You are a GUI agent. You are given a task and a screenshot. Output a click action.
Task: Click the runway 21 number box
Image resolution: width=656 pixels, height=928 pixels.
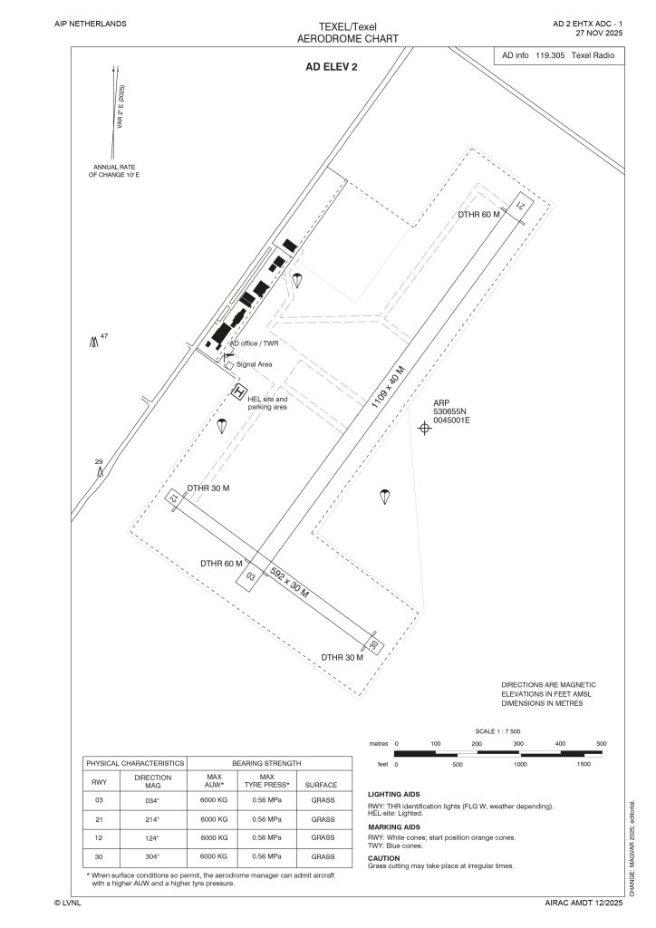tap(521, 206)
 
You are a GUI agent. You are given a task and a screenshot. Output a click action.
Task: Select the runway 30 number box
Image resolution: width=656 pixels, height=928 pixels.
tap(372, 644)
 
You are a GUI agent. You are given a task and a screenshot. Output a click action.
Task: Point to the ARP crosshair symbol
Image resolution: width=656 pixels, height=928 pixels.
tap(423, 428)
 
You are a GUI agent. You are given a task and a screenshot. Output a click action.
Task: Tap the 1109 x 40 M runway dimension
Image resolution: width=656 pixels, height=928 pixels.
tap(389, 390)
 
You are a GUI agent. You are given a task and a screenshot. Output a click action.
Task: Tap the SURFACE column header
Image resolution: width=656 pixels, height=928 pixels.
tap(323, 785)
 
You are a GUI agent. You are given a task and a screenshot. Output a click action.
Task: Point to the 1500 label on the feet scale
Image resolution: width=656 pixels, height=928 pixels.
tap(583, 764)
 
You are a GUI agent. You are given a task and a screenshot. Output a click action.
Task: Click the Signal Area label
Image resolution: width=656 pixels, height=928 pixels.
tap(255, 364)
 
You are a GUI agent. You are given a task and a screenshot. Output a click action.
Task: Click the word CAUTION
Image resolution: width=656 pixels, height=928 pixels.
tap(384, 857)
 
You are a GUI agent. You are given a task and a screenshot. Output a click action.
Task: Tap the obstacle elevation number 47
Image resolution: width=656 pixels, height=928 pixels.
tap(104, 336)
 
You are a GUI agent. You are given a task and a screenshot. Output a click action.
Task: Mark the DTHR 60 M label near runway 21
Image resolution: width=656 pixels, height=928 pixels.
tap(480, 215)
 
